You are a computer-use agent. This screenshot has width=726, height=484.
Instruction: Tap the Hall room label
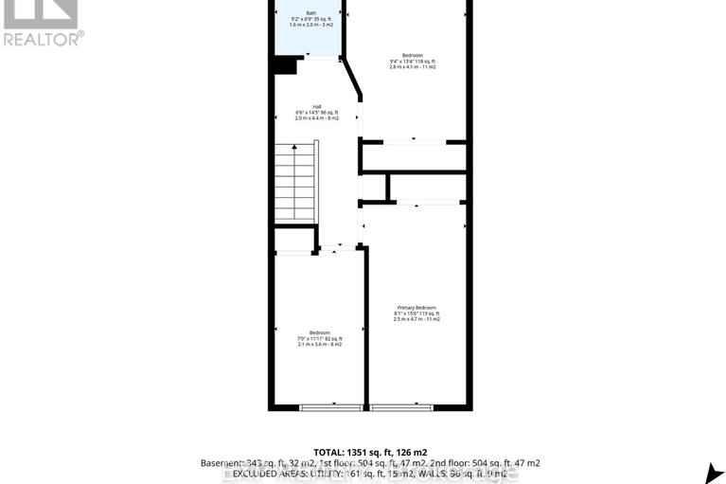316,106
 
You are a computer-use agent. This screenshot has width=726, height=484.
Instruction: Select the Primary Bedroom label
416,308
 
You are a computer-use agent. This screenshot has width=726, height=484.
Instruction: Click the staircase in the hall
296,182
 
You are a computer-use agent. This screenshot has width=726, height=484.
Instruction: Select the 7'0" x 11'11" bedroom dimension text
319,338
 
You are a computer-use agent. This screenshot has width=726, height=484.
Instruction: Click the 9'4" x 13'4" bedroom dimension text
413,62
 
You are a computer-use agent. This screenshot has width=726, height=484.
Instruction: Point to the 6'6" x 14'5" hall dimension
316,113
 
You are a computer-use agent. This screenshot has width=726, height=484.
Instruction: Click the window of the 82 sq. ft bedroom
331,407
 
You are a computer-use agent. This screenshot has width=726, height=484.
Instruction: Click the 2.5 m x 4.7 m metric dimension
416,320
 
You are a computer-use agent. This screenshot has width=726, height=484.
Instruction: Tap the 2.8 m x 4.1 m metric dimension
413,67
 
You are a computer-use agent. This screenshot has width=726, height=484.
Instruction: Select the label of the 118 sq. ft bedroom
413,55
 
